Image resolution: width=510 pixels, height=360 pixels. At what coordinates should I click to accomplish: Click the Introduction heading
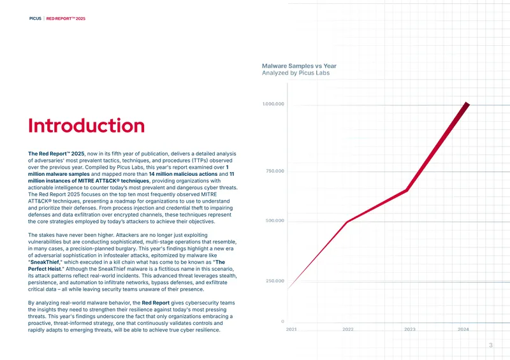86,126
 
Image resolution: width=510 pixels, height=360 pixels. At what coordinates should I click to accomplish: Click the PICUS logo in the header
35,18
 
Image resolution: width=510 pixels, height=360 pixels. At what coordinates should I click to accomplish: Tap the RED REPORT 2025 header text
66,18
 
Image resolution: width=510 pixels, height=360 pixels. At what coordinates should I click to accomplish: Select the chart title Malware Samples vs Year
299,66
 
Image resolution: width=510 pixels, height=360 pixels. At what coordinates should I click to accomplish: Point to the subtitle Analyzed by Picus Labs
296,73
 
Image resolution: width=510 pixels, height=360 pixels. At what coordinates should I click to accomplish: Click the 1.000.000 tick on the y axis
273,104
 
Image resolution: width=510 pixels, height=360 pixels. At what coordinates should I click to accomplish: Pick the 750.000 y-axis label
275,171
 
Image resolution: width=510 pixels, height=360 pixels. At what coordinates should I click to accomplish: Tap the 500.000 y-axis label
275,220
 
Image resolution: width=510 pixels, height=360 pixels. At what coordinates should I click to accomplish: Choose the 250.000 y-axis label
275,281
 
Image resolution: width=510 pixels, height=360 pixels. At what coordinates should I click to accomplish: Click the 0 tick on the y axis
282,321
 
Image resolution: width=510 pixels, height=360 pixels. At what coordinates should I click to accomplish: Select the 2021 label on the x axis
291,329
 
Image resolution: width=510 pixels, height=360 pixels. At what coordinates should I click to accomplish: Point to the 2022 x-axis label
347,329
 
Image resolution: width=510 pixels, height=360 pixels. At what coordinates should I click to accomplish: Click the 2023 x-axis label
410,329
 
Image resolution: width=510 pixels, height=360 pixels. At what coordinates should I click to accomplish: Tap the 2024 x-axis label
463,329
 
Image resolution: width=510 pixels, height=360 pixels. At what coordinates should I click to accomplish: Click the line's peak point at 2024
467,104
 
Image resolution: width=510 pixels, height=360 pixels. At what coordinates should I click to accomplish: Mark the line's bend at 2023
407,191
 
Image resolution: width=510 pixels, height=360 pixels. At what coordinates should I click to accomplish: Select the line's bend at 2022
347,222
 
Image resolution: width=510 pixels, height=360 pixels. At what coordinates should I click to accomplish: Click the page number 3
491,345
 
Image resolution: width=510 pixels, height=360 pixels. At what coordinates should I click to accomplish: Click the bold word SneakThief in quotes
45,262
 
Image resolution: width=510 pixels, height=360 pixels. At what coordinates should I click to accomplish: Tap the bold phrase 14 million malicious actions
183,174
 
